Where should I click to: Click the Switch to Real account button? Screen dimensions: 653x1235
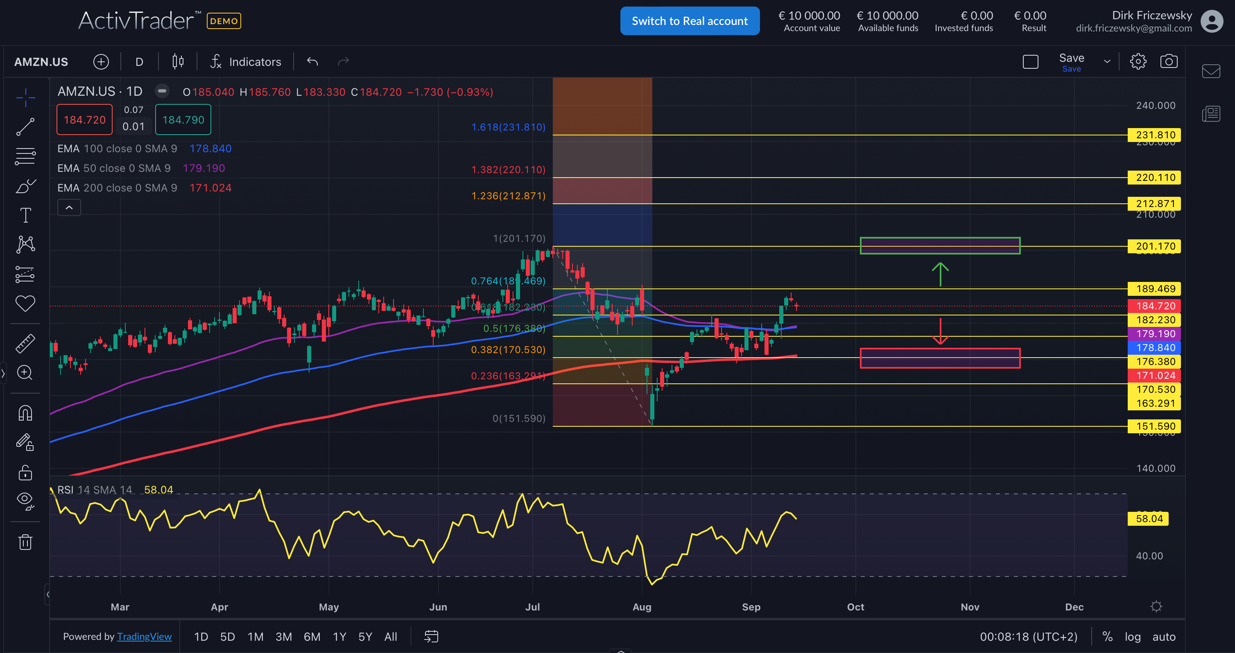coord(690,21)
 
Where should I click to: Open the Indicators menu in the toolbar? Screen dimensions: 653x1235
coord(245,62)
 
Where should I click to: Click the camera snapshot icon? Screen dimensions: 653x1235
coord(1168,61)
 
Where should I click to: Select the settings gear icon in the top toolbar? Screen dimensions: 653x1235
coord(1138,61)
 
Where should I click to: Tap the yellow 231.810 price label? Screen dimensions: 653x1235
coord(1155,135)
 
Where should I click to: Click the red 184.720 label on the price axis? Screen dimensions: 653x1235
coord(1155,306)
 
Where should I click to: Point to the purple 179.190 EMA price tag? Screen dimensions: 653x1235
coord(1155,333)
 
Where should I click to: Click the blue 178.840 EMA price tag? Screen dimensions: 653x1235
coord(1155,347)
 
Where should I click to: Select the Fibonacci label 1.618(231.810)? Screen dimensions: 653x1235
coord(508,127)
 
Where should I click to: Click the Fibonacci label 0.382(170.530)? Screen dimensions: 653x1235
coord(508,350)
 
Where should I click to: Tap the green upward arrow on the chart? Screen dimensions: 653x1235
coord(940,274)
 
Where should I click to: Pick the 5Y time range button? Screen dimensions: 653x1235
coord(365,637)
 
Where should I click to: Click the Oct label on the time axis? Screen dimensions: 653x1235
coord(855,607)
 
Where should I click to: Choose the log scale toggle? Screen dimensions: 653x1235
coord(1132,637)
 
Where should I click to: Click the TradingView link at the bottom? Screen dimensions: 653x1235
coord(144,637)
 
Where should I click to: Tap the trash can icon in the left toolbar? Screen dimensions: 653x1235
coord(25,543)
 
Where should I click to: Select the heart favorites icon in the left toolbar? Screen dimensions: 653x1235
coord(25,303)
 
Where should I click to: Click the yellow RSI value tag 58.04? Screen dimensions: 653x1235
coord(1149,518)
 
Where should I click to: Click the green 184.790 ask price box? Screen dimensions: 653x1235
coord(183,120)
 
